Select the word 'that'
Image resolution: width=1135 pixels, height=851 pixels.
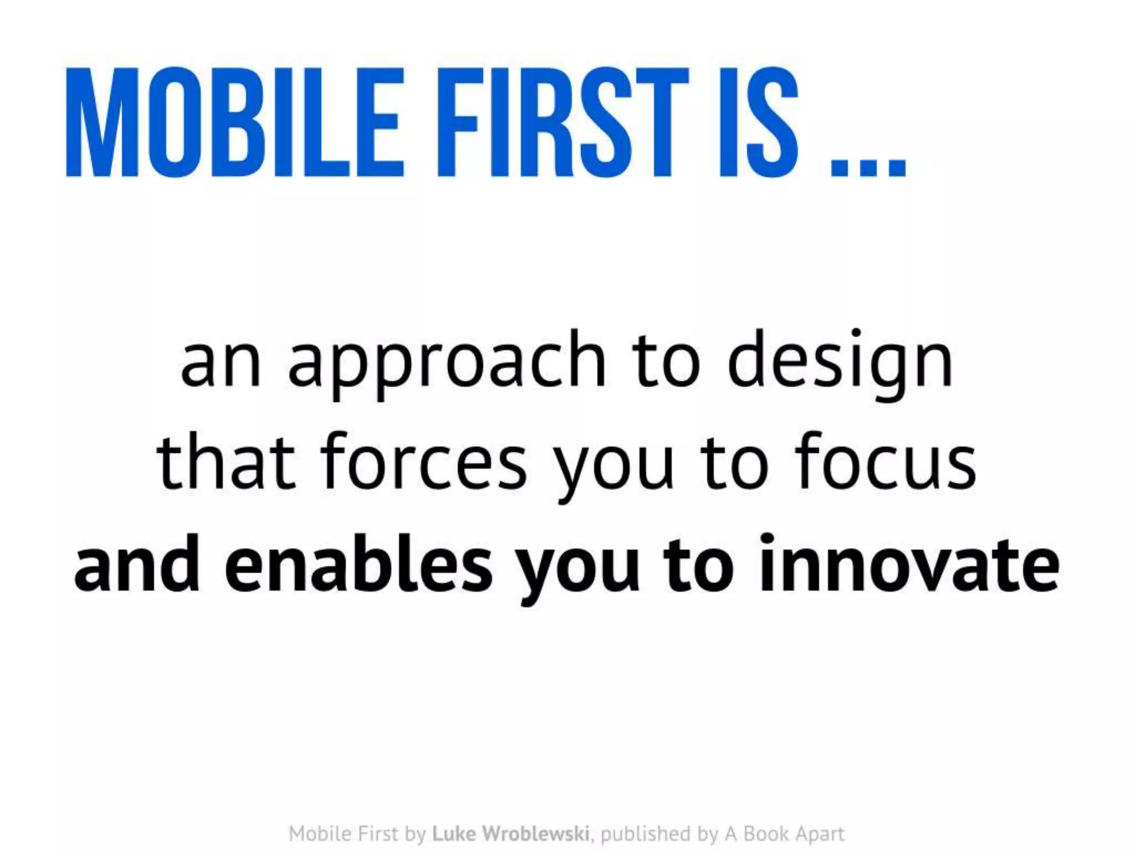pyautogui.click(x=225, y=463)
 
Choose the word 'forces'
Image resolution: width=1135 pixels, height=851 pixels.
pyautogui.click(x=423, y=463)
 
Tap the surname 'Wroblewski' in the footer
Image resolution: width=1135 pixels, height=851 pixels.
pyautogui.click(x=535, y=833)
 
